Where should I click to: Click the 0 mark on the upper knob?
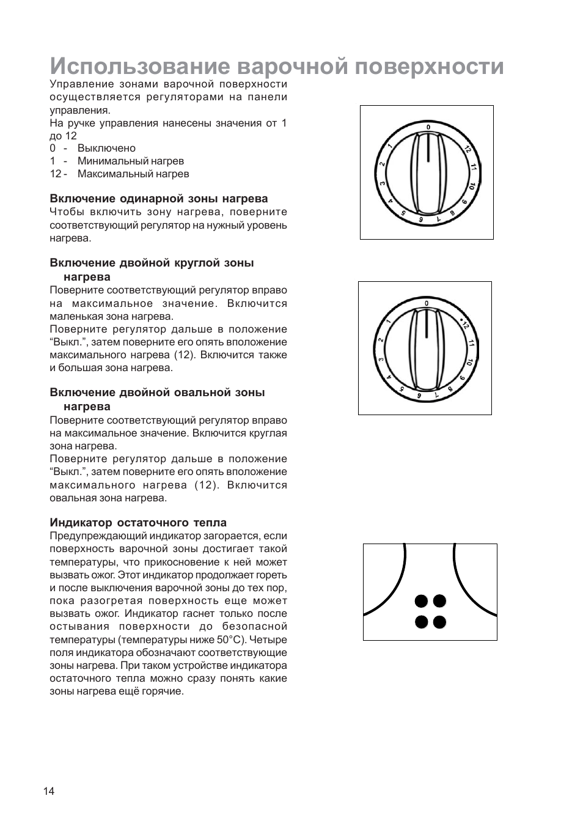(428, 127)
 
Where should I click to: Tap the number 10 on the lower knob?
(469, 363)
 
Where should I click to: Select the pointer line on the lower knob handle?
(426, 324)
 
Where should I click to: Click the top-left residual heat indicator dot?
(421, 601)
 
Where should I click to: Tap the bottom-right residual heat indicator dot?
(439, 622)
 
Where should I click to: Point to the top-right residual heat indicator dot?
(439, 601)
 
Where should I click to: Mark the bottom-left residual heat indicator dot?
(421, 622)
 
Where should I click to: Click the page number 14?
(49, 791)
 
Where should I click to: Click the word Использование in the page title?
(139, 66)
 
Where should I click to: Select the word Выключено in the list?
(106, 148)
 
